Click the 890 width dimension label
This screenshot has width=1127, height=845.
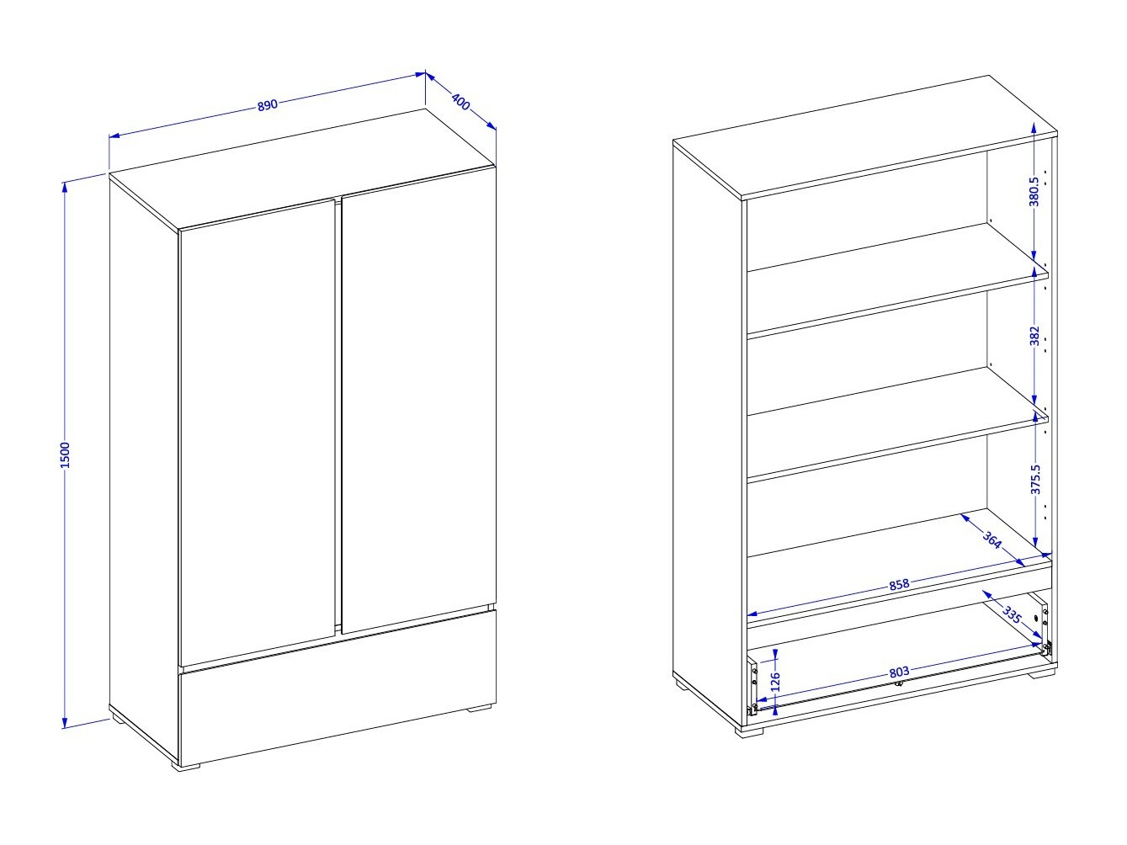pyautogui.click(x=268, y=104)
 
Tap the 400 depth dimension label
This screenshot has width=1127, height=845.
pyautogui.click(x=461, y=102)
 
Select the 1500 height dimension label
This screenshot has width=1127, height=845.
pyautogui.click(x=65, y=454)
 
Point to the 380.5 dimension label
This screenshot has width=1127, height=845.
pyautogui.click(x=1034, y=192)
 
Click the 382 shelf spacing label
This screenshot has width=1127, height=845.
pyautogui.click(x=1034, y=337)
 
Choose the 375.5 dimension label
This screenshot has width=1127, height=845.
pyautogui.click(x=1035, y=480)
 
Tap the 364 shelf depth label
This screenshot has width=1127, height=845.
pyautogui.click(x=992, y=539)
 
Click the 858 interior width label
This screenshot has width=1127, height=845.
pyautogui.click(x=899, y=584)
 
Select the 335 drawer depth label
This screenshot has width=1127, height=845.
pyautogui.click(x=1012, y=615)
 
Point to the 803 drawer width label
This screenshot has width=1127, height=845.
pyautogui.click(x=899, y=672)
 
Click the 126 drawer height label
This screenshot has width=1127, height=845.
pyautogui.click(x=776, y=682)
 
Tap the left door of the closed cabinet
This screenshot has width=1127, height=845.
pyautogui.click(x=258, y=431)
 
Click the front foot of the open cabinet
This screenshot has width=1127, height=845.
pyautogui.click(x=750, y=732)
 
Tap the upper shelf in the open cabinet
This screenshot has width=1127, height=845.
pyautogui.click(x=897, y=280)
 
